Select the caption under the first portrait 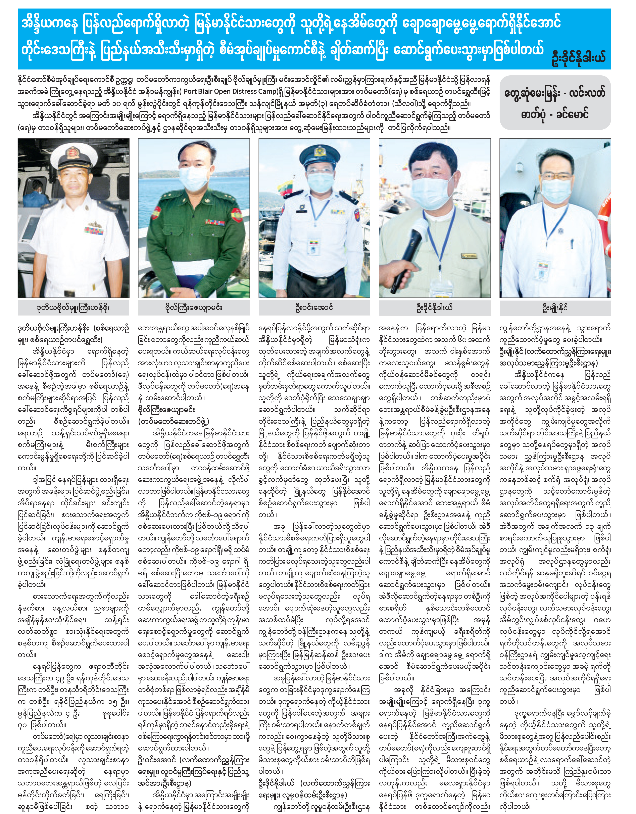pos(73,308)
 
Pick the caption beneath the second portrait pos(194,308)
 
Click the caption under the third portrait pos(314,308)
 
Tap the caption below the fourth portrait pos(434,308)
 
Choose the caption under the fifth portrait pos(555,308)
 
